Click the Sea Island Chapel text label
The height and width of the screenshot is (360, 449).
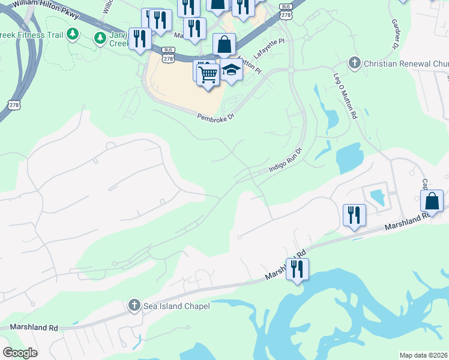(176, 307)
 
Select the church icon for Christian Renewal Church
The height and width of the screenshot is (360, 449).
(355, 63)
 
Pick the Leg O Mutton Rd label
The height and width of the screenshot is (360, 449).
(346, 97)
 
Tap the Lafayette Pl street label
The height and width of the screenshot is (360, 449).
(268, 49)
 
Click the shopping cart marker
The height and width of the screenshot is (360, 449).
(208, 75)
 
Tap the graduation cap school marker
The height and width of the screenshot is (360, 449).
(231, 70)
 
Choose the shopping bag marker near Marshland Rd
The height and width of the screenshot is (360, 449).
(432, 202)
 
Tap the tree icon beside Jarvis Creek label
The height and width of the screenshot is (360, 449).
(100, 38)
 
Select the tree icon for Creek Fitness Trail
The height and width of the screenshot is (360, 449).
(73, 32)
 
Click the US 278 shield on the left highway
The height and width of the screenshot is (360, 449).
(14, 104)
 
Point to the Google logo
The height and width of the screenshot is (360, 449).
(20, 353)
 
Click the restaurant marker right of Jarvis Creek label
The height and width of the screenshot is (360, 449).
(140, 39)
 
